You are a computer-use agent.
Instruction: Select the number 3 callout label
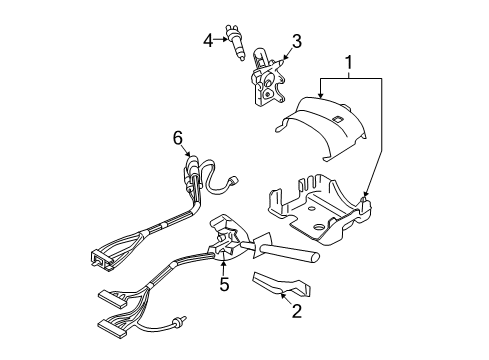click(295, 41)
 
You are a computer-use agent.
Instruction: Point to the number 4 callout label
click(208, 40)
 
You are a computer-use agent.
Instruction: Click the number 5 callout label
click(223, 284)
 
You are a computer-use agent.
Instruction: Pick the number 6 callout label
click(177, 139)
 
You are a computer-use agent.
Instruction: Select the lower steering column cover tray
click(315, 215)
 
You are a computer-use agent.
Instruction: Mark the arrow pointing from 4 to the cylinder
click(222, 41)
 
